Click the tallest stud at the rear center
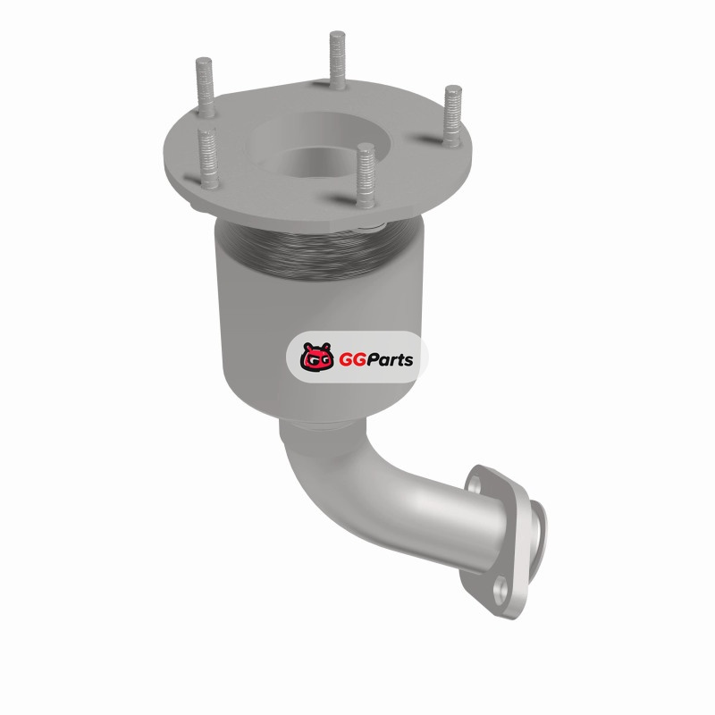coord(338,60)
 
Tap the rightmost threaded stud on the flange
coord(452,116)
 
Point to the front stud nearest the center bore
coord(366,175)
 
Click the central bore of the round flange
coord(315,162)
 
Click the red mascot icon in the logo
coord(317,357)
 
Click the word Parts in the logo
coord(389,360)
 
